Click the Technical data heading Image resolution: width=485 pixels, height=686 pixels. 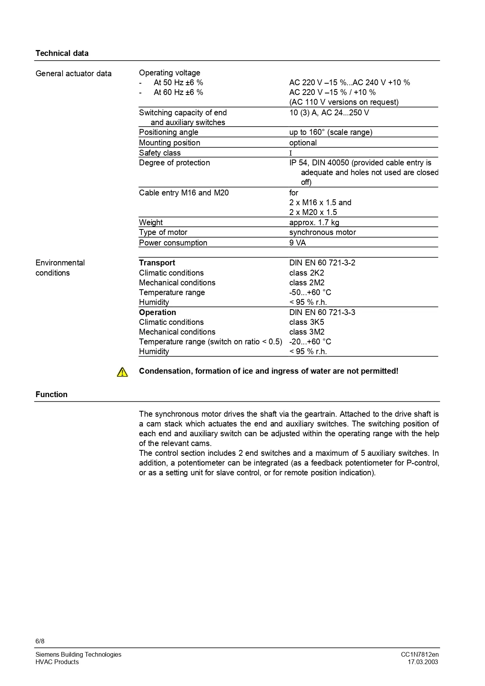(62, 53)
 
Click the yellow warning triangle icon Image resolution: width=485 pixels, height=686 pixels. (122, 372)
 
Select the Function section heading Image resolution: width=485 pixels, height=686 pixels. (51, 394)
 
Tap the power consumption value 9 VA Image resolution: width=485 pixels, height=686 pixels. (298, 243)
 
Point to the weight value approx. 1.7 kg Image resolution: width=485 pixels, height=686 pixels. (314, 222)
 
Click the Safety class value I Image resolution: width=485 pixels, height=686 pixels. (291, 153)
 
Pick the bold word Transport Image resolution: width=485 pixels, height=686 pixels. (157, 263)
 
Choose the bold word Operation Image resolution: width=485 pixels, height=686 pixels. (157, 312)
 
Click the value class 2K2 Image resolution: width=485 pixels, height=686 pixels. (307, 273)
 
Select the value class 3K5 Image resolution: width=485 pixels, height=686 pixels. (307, 322)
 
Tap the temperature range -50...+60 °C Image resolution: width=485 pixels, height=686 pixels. (310, 292)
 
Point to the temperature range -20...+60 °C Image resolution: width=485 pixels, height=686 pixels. (310, 342)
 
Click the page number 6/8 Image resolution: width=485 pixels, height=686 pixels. (40, 641)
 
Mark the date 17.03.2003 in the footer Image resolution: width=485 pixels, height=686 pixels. (423, 662)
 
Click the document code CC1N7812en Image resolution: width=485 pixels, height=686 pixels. (419, 654)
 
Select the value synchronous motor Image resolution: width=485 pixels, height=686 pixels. (323, 232)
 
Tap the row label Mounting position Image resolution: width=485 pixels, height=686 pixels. (169, 143)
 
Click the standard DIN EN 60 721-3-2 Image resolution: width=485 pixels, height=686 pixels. (322, 263)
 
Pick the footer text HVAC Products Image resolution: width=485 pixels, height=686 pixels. (57, 662)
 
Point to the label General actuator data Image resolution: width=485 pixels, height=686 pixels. (73, 73)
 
